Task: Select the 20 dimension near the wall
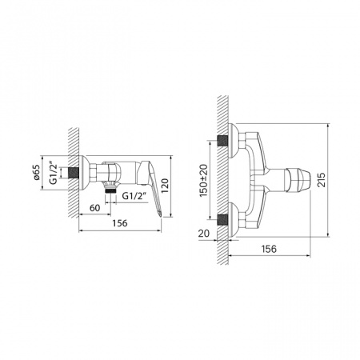(203, 233)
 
